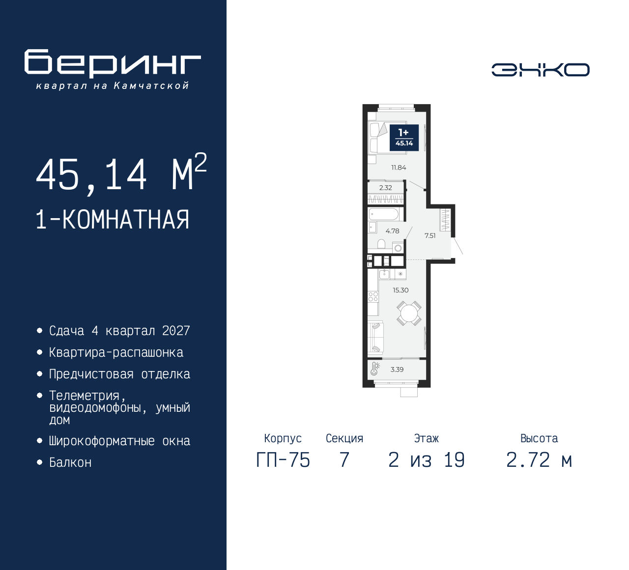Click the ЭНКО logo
point(540,70)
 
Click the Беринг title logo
point(113,63)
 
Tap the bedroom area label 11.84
point(399,168)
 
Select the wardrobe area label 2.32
point(386,188)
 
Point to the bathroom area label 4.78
point(392,231)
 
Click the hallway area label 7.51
point(430,236)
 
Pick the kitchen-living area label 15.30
point(400,290)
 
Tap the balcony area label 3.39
point(397,370)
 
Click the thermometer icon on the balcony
point(375,369)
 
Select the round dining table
point(409,313)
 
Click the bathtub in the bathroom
point(384,214)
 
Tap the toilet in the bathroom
point(381,244)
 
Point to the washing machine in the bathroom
point(398,248)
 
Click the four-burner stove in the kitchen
point(373,296)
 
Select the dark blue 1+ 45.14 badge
point(404,138)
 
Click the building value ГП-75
point(283,460)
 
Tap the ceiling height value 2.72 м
point(539,460)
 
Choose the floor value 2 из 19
point(426,460)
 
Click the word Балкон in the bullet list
point(70,463)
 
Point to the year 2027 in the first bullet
point(176,331)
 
